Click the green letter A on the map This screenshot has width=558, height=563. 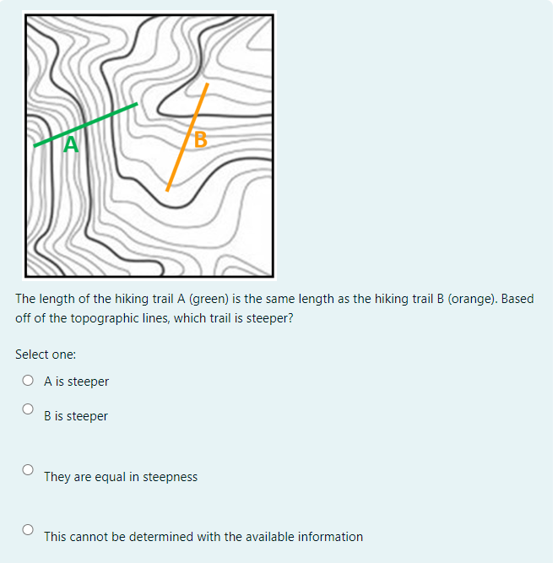72,145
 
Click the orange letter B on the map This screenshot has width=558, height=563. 200,138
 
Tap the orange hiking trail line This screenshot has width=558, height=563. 184,143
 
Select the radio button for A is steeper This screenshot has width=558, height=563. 28,381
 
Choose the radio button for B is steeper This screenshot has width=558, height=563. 28,409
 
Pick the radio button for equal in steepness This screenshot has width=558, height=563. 28,469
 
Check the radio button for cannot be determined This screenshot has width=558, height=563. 28,529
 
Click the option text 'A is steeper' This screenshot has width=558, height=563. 77,382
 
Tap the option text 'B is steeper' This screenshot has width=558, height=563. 76,416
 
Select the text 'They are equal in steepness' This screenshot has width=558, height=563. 121,477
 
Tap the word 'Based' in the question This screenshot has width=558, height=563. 517,299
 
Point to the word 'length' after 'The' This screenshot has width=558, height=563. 57,299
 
